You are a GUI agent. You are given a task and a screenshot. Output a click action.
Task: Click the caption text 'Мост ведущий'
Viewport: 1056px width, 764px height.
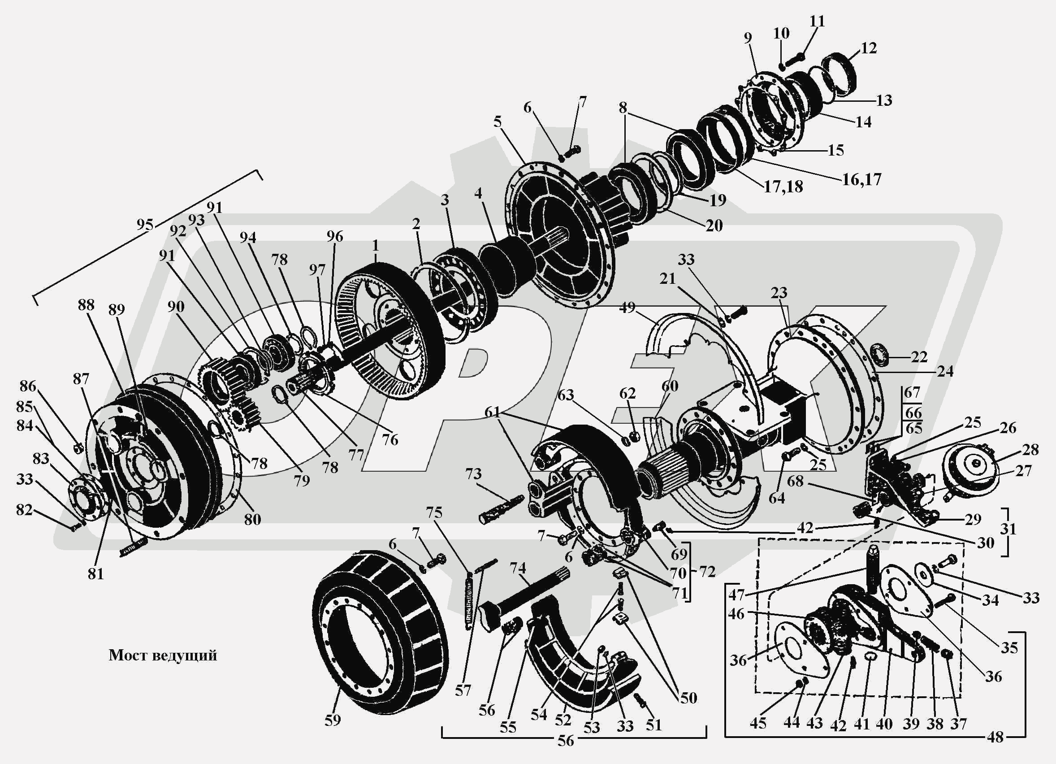pos(163,655)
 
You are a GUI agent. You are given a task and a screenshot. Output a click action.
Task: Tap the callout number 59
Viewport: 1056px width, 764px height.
pos(333,720)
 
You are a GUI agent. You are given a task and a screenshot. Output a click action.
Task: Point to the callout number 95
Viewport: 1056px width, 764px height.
pos(145,225)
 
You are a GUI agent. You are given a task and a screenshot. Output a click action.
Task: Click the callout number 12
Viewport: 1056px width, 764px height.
pos(869,48)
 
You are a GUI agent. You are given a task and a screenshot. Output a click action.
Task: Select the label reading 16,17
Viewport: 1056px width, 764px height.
pos(862,179)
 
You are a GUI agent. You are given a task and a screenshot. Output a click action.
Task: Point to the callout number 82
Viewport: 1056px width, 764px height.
pos(24,510)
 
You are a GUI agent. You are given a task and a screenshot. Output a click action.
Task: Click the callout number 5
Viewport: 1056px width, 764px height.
pos(498,122)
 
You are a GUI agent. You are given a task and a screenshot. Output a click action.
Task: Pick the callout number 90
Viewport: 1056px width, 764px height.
pos(176,307)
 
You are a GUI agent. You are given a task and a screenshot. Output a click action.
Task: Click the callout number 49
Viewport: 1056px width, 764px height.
pos(628,308)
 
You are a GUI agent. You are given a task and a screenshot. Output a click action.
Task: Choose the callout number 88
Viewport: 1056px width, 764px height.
pos(86,305)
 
